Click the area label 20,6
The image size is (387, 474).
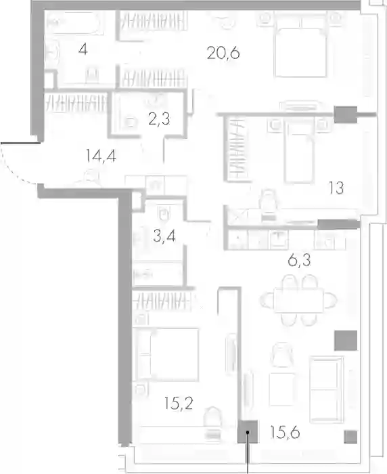click(223, 53)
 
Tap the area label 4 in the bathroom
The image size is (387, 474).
click(83, 49)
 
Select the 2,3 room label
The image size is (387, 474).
click(159, 119)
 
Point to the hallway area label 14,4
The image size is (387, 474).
click(101, 156)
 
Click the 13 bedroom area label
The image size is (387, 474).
click(336, 188)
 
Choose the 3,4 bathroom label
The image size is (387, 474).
click(164, 236)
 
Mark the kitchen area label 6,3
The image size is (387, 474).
click(299, 260)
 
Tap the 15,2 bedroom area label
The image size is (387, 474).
click(179, 404)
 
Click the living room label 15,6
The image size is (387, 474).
click(285, 432)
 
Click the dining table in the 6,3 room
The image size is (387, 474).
click(299, 300)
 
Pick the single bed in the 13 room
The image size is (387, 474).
click(299, 154)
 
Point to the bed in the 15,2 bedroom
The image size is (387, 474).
click(167, 354)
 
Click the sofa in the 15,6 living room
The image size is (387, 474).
click(327, 389)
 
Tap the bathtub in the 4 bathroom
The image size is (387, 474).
click(75, 22)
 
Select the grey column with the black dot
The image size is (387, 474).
click(248, 432)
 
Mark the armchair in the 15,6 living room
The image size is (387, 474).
click(282, 355)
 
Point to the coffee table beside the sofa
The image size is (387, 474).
click(281, 389)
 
